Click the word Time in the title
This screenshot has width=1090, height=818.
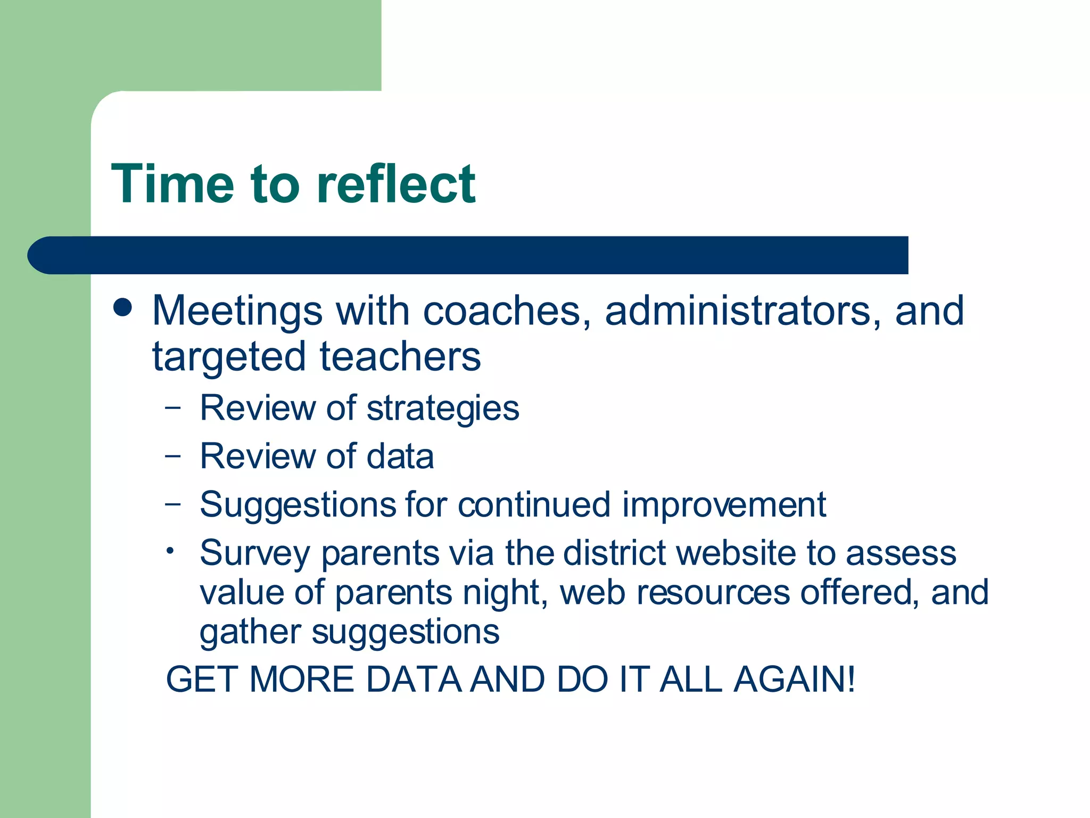172,184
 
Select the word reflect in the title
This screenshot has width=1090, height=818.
395,184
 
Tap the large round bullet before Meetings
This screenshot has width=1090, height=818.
123,308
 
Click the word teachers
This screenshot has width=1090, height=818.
400,357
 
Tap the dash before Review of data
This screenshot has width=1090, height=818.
173,456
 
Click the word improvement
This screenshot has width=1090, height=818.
724,505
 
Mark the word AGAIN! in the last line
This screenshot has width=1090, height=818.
794,680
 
